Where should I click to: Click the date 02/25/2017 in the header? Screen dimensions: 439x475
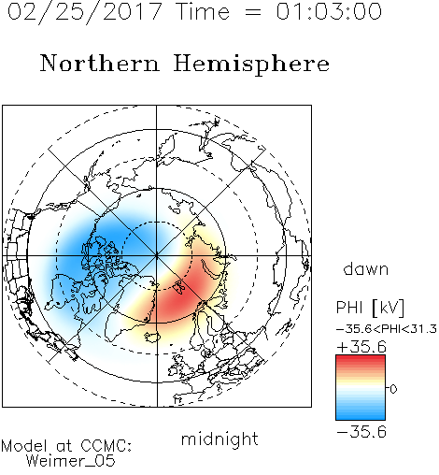click(x=85, y=11)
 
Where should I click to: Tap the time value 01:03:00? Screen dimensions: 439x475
click(x=329, y=11)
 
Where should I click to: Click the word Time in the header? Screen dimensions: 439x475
click(x=203, y=11)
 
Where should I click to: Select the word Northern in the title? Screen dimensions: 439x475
click(x=100, y=63)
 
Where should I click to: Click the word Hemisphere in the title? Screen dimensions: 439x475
click(x=251, y=65)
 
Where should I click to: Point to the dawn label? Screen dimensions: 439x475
click(x=366, y=268)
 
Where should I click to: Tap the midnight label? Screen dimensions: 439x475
click(x=219, y=439)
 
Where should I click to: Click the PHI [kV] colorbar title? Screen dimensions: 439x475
click(x=370, y=308)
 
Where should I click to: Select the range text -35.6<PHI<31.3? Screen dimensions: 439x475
click(x=387, y=329)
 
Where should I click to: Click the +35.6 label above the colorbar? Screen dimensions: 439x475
click(x=361, y=347)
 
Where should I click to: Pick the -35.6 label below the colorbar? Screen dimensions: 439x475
click(x=361, y=432)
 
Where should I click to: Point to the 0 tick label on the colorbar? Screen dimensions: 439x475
click(x=393, y=389)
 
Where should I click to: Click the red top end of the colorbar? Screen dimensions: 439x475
click(x=361, y=358)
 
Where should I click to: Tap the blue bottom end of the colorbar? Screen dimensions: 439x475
click(x=361, y=417)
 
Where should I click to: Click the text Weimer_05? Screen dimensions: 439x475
click(x=71, y=461)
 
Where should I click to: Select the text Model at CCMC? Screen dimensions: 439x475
click(x=66, y=446)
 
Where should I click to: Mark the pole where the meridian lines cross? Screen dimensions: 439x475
click(x=157, y=256)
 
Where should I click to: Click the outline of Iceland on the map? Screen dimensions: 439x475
click(x=152, y=337)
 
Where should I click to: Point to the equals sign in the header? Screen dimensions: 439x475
click(x=253, y=12)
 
